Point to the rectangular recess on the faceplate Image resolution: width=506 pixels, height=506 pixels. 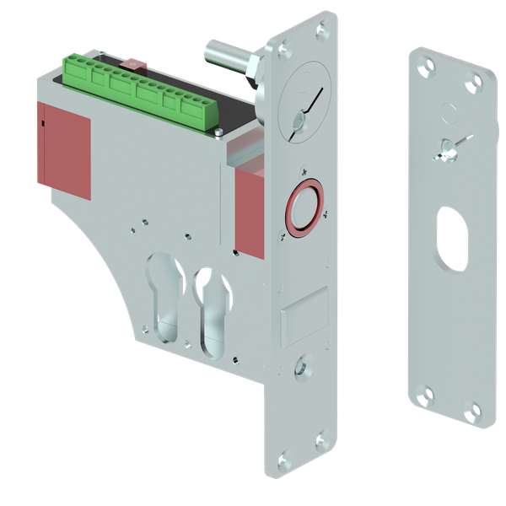[x=304, y=316]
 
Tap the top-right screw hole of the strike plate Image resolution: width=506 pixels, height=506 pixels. [x=480, y=81]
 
